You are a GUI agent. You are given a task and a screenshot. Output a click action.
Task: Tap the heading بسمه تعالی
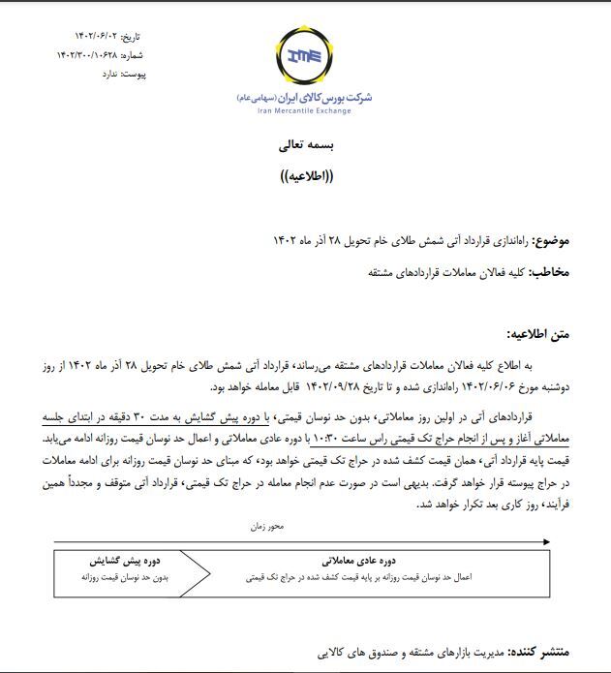(x=305, y=146)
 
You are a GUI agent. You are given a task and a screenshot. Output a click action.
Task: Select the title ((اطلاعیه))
(x=305, y=179)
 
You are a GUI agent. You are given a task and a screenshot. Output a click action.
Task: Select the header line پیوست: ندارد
(x=126, y=74)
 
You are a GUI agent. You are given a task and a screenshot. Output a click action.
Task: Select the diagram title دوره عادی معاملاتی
(x=355, y=561)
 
